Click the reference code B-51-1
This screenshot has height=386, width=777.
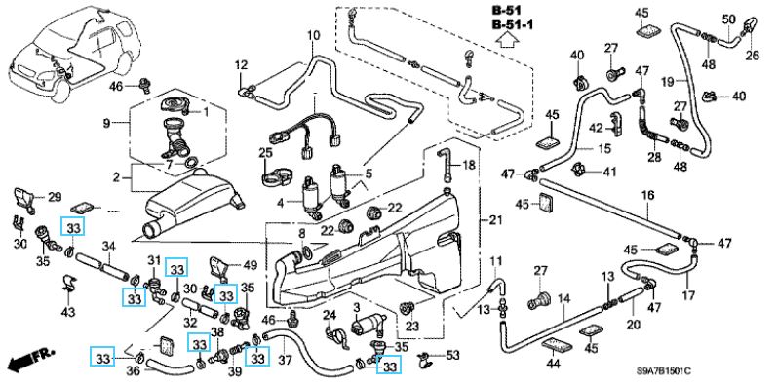point(512,24)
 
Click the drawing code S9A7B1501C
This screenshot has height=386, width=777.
point(664,371)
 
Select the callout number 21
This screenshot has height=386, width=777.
point(495,220)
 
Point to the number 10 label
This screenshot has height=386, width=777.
point(314,36)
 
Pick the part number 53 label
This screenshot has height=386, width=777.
point(452,355)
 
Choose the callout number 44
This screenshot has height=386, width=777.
point(553,365)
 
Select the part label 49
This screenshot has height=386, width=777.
point(251,265)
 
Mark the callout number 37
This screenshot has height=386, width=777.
point(285,358)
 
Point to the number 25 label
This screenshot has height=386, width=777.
point(265,152)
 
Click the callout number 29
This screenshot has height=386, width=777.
point(55,197)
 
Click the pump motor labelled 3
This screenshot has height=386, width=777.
point(369,328)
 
